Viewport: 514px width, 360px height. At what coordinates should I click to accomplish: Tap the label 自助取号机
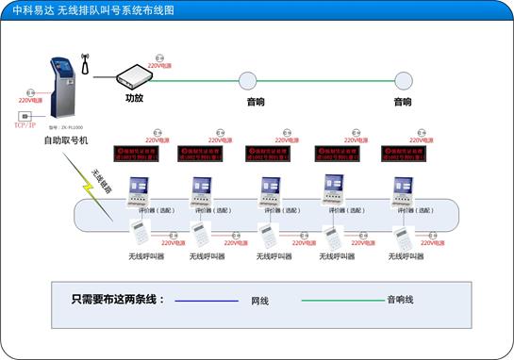pyautogui.click(x=65, y=140)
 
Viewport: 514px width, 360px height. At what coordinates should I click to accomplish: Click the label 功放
pyautogui.click(x=134, y=97)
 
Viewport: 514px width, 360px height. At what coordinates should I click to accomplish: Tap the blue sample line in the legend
pyautogui.click(x=207, y=302)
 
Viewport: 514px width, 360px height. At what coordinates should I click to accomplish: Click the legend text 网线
pyautogui.click(x=259, y=302)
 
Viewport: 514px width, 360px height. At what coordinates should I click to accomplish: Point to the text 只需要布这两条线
pyautogui.click(x=117, y=300)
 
